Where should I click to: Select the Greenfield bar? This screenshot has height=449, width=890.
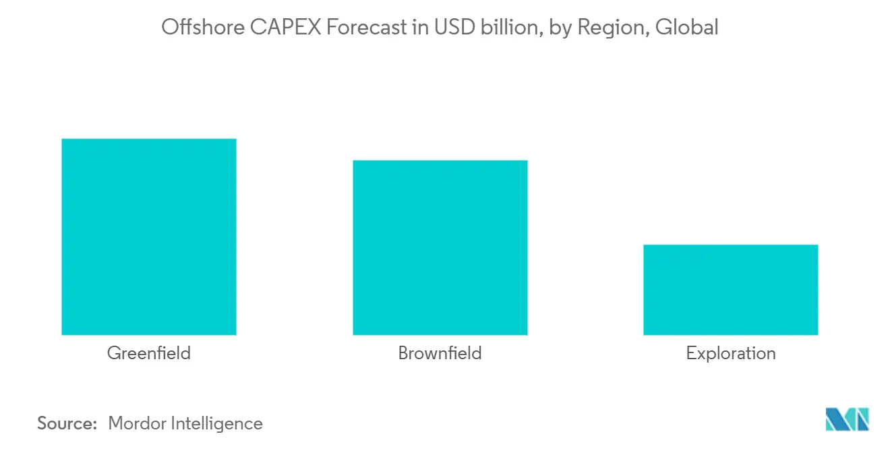[148, 237]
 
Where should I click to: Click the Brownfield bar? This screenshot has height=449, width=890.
[440, 248]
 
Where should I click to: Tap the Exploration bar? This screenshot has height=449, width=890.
[730, 290]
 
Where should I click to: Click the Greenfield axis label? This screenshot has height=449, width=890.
[148, 353]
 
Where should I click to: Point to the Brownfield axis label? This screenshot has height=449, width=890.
[440, 353]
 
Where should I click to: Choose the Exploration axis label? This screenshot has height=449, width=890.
[730, 353]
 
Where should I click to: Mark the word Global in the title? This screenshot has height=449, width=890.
[686, 28]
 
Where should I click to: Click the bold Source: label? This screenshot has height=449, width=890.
[67, 423]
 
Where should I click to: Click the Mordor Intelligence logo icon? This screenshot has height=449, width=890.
[847, 419]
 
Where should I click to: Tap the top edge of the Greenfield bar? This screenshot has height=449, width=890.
[148, 140]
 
